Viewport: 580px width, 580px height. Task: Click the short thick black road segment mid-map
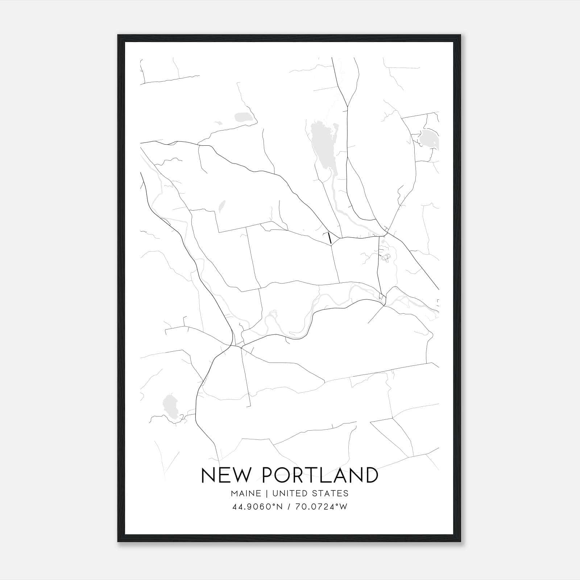coord(330,238)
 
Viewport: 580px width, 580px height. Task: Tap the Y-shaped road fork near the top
coord(348,105)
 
